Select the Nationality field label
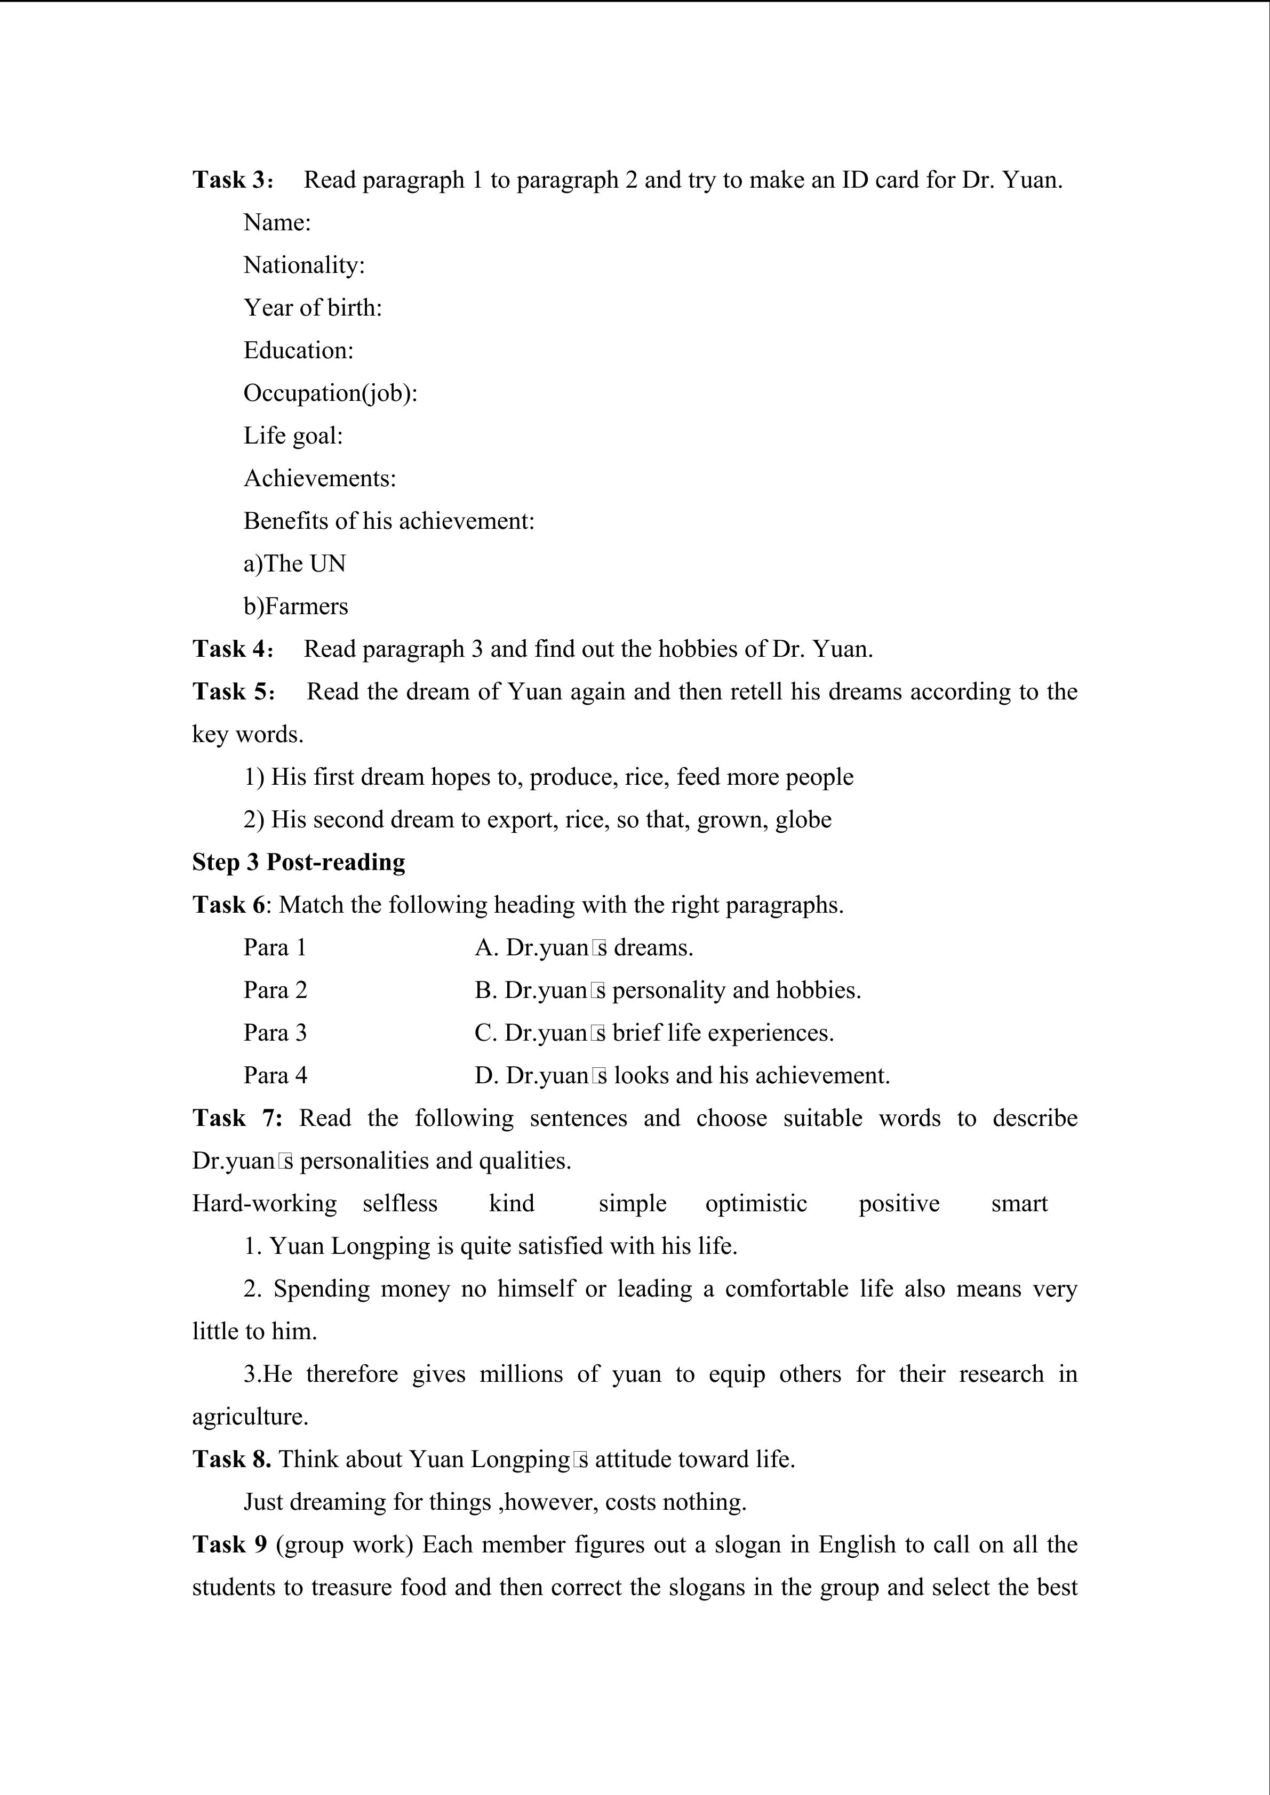[304, 265]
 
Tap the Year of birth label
[313, 308]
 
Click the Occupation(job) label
[330, 393]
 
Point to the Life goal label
[293, 436]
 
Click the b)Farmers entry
[295, 607]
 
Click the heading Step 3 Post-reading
[299, 863]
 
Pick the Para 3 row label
[275, 1033]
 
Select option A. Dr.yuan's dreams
[584, 947]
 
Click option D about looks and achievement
[682, 1076]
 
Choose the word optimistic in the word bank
[756, 1203]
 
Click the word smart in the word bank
[1019, 1203]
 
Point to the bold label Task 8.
[231, 1460]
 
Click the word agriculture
[250, 1416]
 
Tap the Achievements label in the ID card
[320, 478]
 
